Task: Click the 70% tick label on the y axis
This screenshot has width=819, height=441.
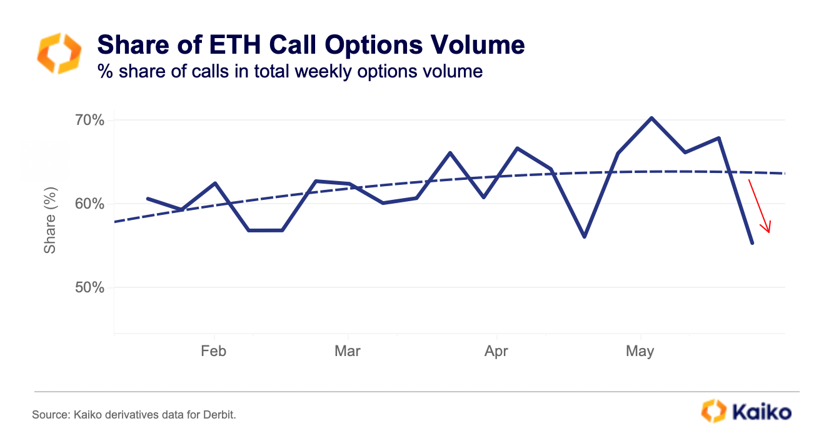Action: point(89,120)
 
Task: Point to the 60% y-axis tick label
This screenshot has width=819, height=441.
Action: point(89,204)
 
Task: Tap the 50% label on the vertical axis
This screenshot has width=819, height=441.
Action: point(89,287)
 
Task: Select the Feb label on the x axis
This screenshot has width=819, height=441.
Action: point(214,351)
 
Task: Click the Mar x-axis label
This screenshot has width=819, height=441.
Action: point(348,351)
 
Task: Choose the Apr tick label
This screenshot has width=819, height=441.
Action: point(496,352)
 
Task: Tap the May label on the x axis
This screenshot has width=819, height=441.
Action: point(640,352)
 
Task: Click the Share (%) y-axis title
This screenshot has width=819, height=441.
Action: point(50,220)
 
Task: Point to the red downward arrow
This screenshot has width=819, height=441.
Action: point(760,206)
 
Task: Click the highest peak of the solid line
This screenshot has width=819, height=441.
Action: point(651,118)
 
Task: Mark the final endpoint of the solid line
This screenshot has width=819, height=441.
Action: point(752,243)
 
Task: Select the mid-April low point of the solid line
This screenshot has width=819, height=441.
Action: point(585,237)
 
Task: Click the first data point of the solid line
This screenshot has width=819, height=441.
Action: point(148,199)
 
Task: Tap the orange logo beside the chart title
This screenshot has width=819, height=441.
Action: point(59,53)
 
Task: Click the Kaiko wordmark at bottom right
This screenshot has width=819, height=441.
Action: point(762,412)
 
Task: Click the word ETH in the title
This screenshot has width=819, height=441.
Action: point(234,44)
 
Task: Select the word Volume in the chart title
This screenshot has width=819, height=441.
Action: point(477,44)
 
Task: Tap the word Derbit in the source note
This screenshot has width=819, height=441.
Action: point(219,415)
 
